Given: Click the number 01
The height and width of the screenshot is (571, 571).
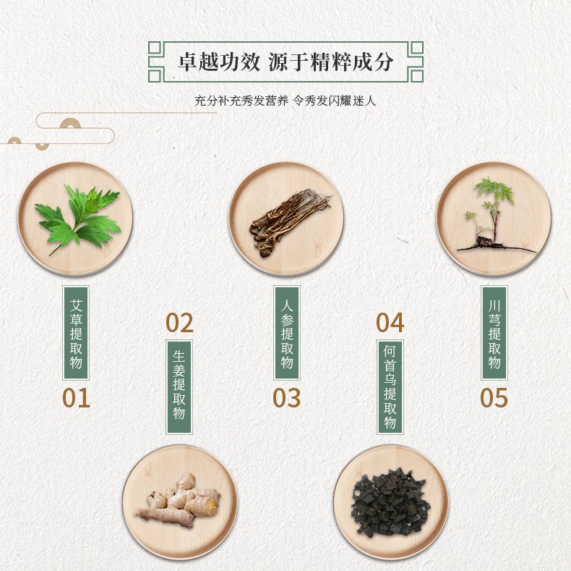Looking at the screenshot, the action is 76,397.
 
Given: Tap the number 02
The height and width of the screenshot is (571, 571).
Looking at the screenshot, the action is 179,323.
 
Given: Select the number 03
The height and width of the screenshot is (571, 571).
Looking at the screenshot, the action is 287,397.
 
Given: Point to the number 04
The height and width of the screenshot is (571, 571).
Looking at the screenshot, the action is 390,323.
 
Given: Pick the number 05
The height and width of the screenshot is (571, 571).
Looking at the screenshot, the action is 494,397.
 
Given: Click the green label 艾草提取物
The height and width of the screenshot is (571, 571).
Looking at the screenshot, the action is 76,333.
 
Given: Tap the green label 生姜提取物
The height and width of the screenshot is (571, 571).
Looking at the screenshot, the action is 179,387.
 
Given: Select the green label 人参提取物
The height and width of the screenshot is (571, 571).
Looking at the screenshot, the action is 287,333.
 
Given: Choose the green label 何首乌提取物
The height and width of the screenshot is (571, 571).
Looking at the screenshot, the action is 390,387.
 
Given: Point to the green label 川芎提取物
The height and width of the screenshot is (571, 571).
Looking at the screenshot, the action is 494,333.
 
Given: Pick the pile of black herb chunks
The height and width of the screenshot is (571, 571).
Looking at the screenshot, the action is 390,502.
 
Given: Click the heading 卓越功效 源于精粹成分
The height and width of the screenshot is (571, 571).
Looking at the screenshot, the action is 286,62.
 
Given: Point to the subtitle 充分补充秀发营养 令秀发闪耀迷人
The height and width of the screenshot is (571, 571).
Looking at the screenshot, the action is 285,101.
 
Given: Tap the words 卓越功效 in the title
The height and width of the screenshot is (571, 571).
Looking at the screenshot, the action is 219,62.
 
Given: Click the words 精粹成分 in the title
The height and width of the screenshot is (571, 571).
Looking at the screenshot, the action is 352,62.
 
